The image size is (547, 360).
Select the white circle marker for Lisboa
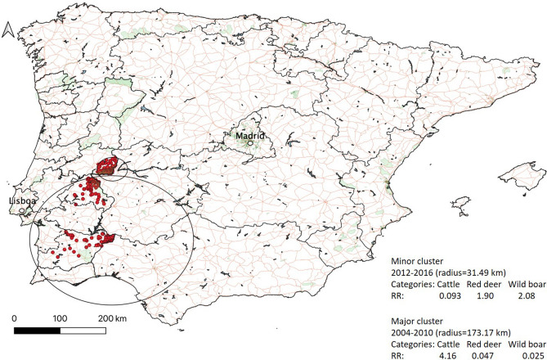(24, 210)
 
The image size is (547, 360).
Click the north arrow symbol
(8, 30)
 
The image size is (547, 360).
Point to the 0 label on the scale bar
(16, 317)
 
